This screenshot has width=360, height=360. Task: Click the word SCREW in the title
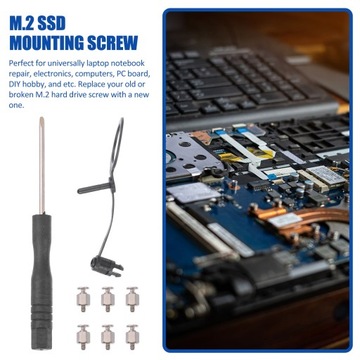pyautogui.click(x=124, y=43)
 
